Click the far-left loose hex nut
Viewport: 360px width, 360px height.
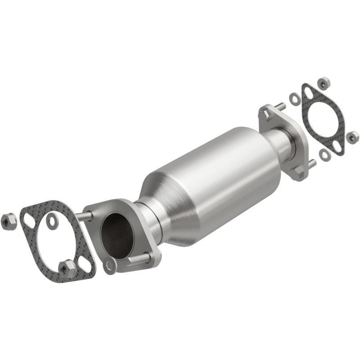pyautogui.click(x=9, y=220)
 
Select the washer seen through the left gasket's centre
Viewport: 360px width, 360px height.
pyautogui.click(x=53, y=220)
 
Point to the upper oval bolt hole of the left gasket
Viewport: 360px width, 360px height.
pyautogui.click(x=29, y=221)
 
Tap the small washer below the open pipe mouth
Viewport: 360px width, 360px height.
pyautogui.click(x=109, y=266)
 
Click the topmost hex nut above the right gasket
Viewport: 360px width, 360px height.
pyautogui.click(x=323, y=83)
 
